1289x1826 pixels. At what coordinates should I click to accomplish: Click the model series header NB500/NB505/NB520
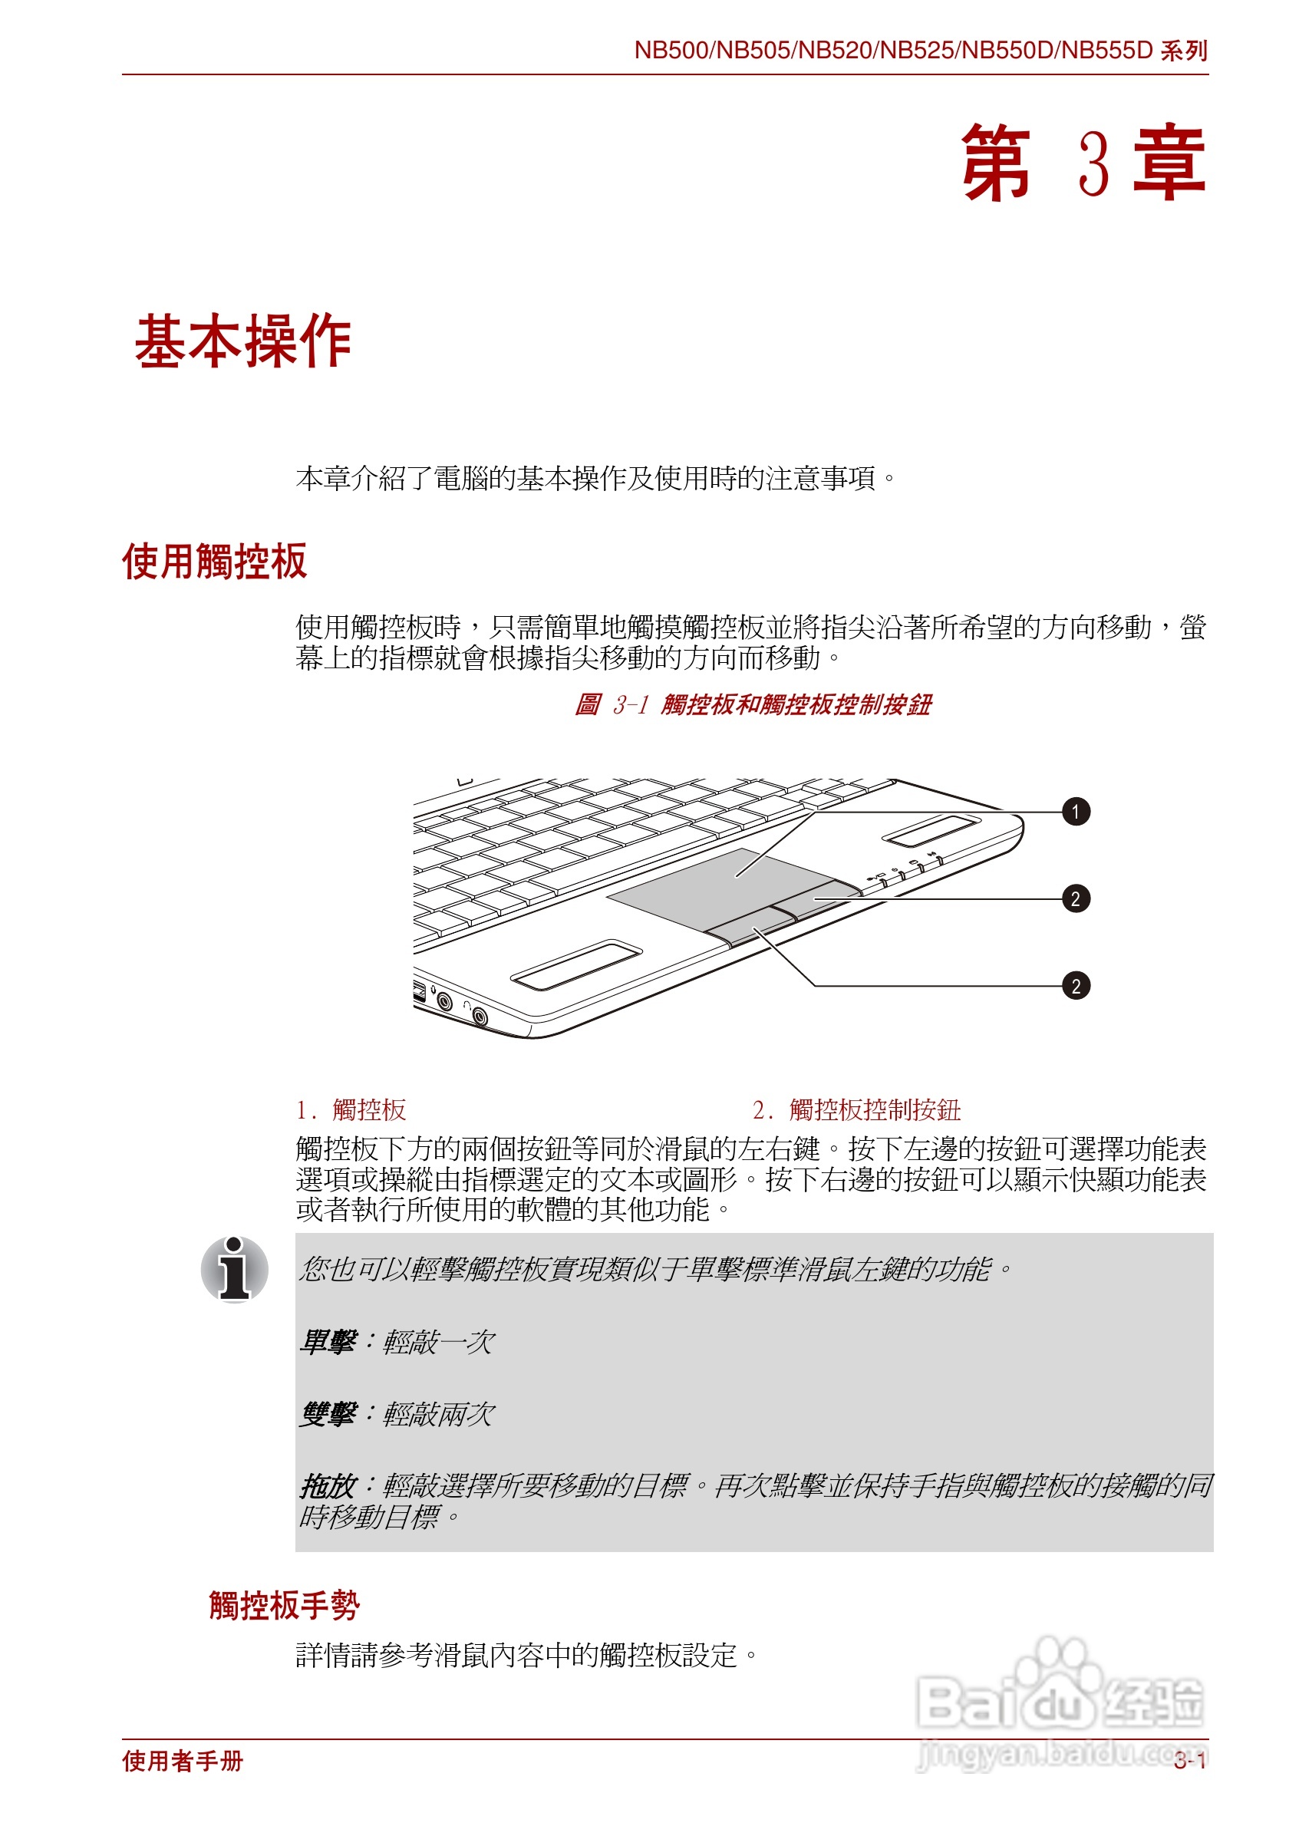point(919,50)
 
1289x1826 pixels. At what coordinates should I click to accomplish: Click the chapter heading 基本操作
point(243,341)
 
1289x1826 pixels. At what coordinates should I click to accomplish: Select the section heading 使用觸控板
point(214,562)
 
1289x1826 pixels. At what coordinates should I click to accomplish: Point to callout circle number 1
point(1075,812)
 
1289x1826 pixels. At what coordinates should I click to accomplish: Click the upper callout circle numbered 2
point(1075,898)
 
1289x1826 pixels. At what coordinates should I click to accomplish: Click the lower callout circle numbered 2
point(1075,986)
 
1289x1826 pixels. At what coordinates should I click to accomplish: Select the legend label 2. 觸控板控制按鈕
point(856,1109)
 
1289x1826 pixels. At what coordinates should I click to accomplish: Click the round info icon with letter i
point(235,1269)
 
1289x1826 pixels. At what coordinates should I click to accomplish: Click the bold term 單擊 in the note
point(328,1343)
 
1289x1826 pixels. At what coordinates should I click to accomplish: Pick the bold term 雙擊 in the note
point(328,1413)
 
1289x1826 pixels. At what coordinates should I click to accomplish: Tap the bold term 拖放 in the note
point(328,1485)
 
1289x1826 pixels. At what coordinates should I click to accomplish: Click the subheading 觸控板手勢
point(284,1605)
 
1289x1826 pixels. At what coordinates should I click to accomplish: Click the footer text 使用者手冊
point(183,1762)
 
